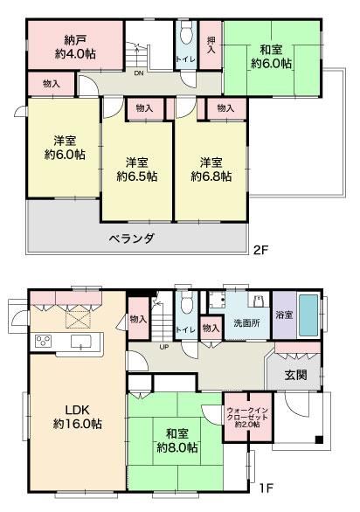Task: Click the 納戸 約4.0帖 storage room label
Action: point(75,47)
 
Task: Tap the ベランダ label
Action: point(131,239)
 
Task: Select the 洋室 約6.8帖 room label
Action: point(211,170)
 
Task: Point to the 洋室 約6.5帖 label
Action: point(137,170)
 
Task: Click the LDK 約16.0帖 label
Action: point(78,417)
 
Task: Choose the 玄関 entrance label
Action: point(295,375)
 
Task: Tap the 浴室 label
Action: point(284,315)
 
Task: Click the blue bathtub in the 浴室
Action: point(308,315)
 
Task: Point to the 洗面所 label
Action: point(247,323)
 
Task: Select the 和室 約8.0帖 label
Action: point(177,440)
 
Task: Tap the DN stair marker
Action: point(139,73)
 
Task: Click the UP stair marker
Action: point(164,347)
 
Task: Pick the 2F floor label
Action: point(261,250)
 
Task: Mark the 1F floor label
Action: point(266,488)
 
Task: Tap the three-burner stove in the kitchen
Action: point(43,342)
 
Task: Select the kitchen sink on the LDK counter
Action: point(81,342)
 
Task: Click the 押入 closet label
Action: point(211,45)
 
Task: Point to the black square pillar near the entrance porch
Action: point(319,439)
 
